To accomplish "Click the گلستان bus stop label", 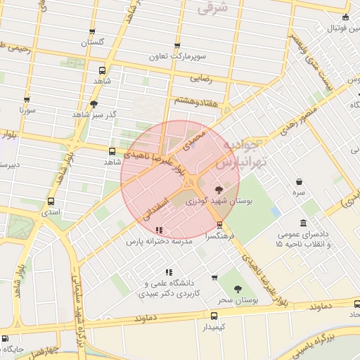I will pos(93,42).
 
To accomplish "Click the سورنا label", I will pos(27,111).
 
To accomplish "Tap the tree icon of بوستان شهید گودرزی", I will pos(219,190).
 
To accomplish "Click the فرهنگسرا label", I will pos(221,237).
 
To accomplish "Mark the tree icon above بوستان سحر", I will pos(237,289).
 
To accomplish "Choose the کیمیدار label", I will pos(214,327).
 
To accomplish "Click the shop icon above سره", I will pos(300,181).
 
